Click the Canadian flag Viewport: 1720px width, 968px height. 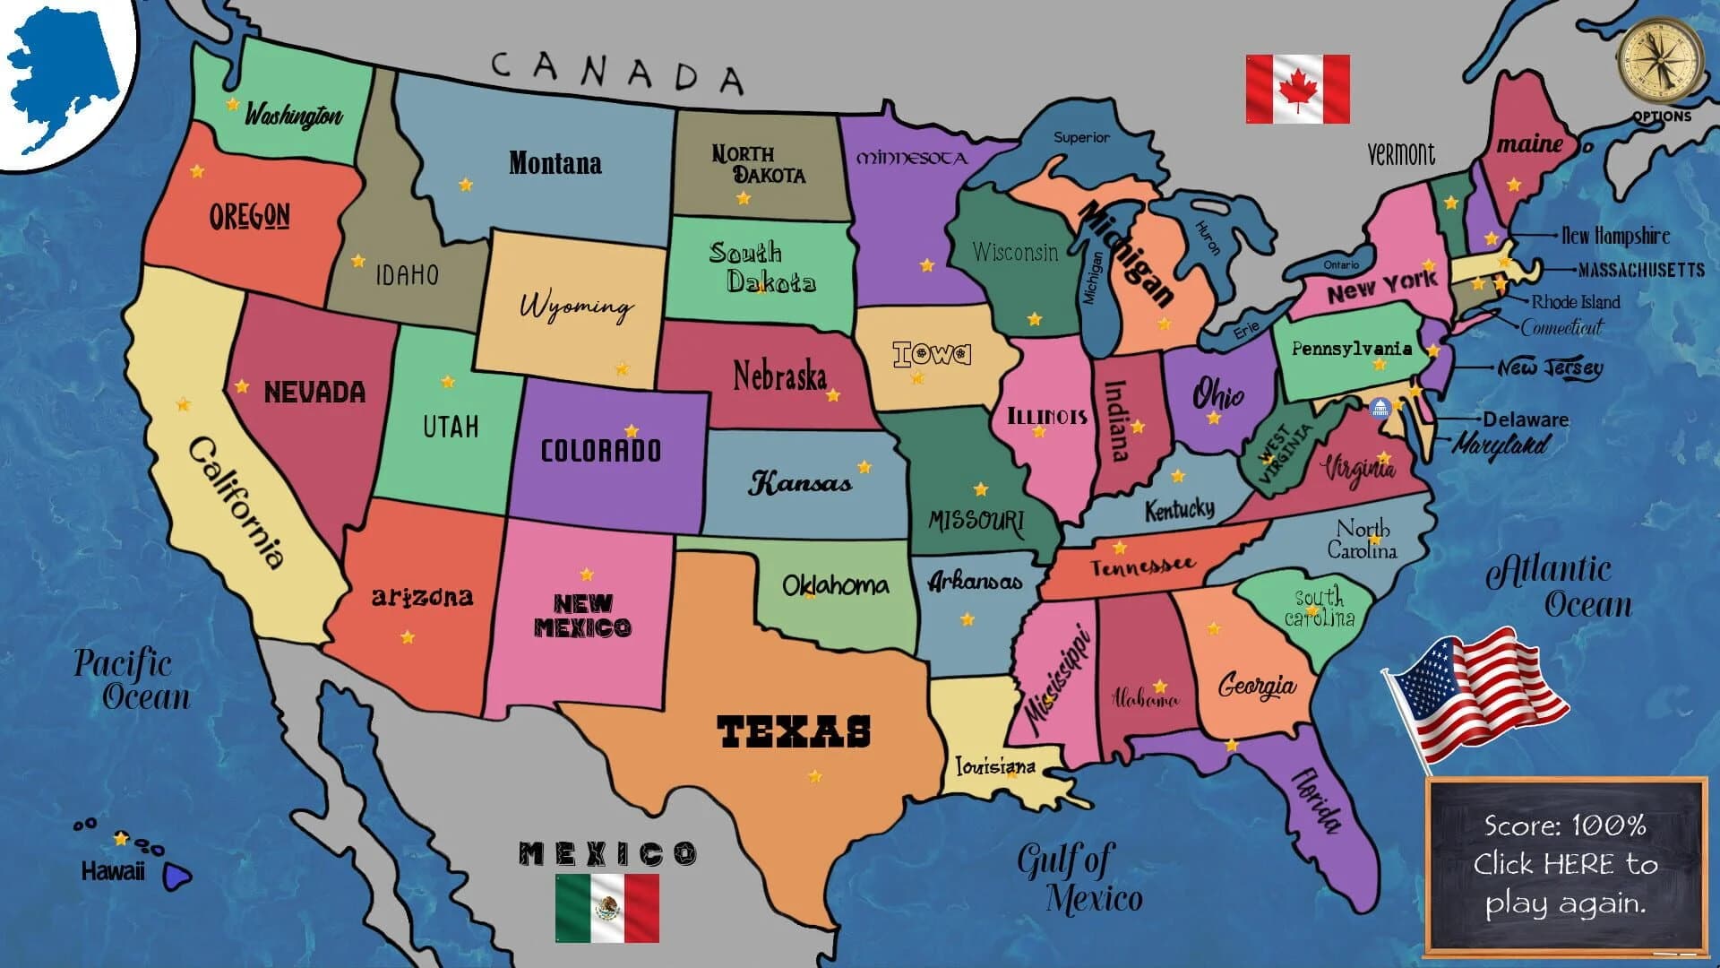point(1297,89)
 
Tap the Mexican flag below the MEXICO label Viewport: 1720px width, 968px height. point(606,908)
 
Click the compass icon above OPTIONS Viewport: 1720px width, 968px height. point(1661,60)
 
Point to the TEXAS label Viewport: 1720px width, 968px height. point(794,731)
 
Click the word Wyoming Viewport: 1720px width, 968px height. point(576,306)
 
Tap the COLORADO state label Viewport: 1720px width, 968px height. point(601,450)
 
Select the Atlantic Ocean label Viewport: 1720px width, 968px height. point(1559,587)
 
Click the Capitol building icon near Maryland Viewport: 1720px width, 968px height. point(1380,409)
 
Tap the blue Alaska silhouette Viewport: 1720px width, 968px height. point(63,76)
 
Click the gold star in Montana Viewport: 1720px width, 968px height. point(466,185)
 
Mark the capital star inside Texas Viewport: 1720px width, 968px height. point(815,776)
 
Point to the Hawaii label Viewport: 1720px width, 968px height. point(113,871)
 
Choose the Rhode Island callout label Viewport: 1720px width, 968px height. point(1576,301)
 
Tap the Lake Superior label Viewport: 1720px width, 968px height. point(1081,137)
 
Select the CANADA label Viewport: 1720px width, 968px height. point(617,71)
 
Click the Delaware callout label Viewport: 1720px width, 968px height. point(1526,419)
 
